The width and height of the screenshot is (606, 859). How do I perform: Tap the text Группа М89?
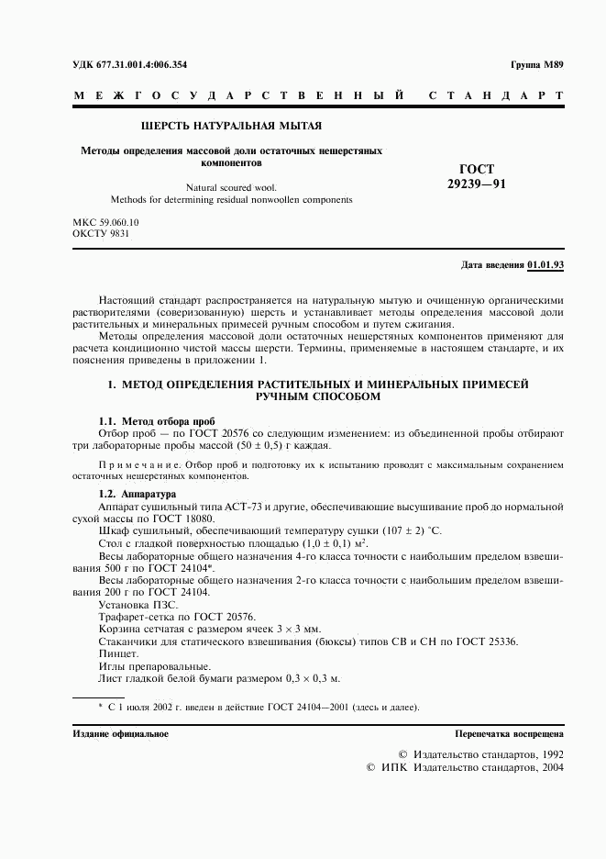pos(536,65)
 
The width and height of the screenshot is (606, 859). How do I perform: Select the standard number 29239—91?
pos(476,184)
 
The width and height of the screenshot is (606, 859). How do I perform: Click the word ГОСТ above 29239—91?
pos(477,169)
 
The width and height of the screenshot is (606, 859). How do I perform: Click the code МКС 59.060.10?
pos(105,222)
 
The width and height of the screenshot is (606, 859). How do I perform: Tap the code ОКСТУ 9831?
pos(101,234)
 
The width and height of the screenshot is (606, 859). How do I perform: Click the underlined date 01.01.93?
pos(545,265)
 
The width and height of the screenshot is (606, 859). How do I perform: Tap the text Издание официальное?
pos(120,734)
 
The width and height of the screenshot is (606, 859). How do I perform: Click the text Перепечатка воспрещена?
pos(510,734)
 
